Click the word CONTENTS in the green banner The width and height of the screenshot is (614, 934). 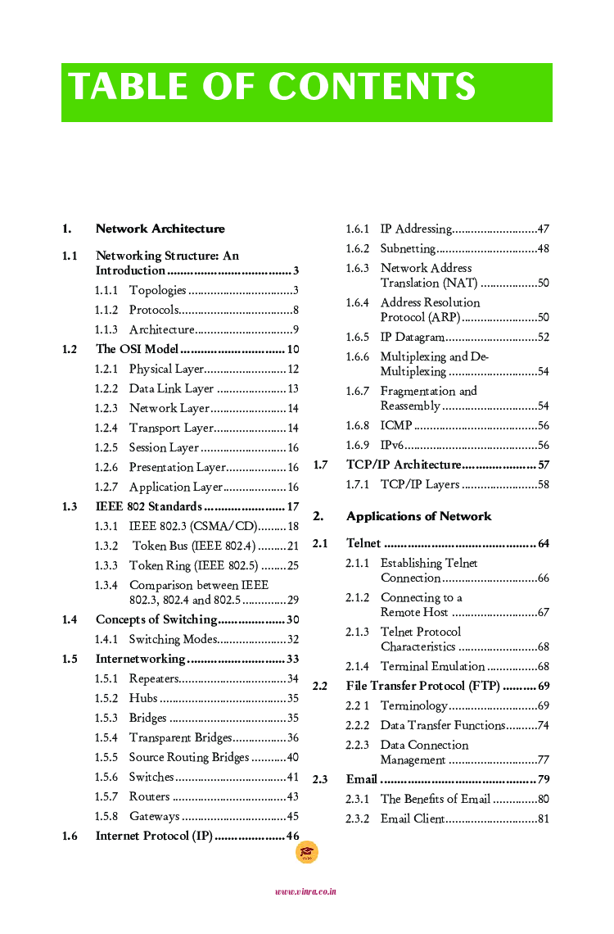[372, 88]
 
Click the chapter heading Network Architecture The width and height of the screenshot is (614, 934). [160, 229]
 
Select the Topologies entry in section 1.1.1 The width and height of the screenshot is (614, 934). [158, 290]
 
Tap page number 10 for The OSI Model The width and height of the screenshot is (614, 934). [292, 349]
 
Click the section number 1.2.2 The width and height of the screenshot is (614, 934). [106, 388]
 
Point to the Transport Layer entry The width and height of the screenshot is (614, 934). [171, 428]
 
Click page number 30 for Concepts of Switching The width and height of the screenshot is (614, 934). [292, 619]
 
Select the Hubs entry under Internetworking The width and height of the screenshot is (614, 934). [143, 698]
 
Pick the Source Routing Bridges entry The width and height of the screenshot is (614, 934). [188, 757]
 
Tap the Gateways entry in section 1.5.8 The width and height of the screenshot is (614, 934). [154, 816]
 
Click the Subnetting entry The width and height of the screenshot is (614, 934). [408, 248]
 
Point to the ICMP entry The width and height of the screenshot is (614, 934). [396, 425]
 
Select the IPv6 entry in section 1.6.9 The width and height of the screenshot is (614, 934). [391, 445]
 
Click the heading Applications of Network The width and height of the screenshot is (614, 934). [418, 516]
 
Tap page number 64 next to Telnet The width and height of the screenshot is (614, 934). [544, 543]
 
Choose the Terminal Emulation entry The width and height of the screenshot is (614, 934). [432, 666]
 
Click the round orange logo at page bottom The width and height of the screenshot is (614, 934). [306, 853]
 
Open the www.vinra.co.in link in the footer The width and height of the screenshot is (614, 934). [306, 891]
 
